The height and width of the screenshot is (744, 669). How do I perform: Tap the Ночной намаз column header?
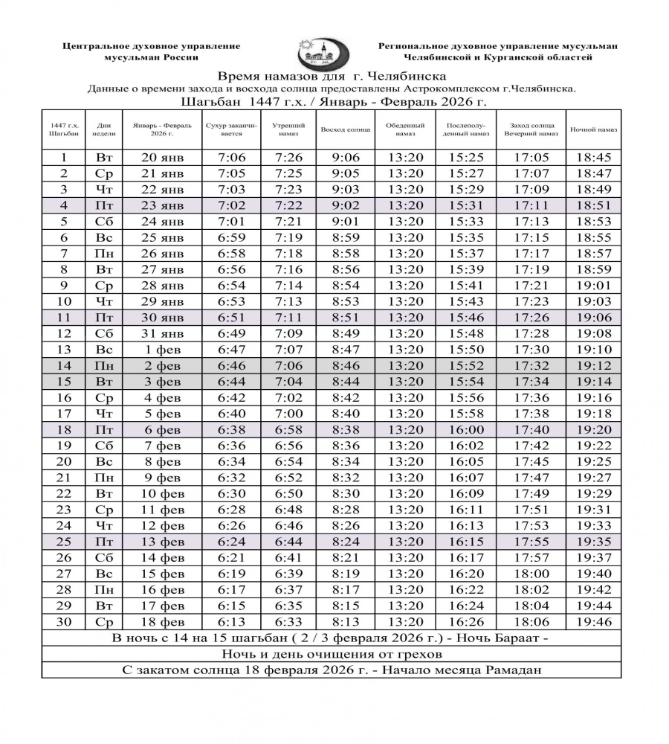(x=594, y=129)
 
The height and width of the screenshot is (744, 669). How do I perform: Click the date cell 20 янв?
(x=161, y=157)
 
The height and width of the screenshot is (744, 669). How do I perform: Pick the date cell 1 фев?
(x=161, y=349)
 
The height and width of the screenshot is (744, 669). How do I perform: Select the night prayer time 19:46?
(x=593, y=622)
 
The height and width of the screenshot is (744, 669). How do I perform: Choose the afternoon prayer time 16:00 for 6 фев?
(x=467, y=429)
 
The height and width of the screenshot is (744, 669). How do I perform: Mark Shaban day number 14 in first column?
(x=63, y=365)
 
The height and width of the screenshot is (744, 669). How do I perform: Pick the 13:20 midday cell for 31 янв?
(x=405, y=333)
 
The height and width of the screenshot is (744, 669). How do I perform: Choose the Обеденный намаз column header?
(x=405, y=129)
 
